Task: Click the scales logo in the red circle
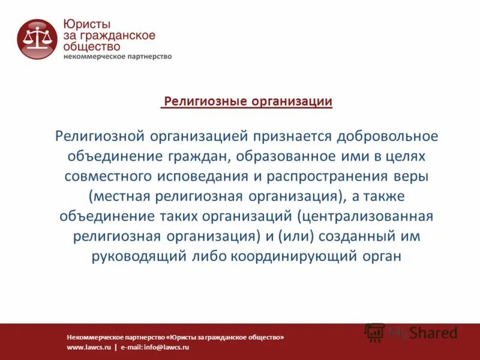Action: pos(37,39)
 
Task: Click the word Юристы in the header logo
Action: pos(86,23)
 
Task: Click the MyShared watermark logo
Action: pos(412,332)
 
